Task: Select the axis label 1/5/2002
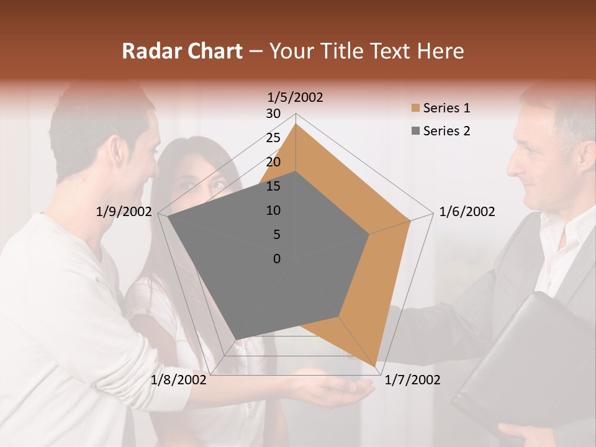click(x=296, y=97)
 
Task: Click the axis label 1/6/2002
click(x=467, y=212)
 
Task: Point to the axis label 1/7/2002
click(x=412, y=380)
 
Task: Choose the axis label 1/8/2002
click(x=179, y=380)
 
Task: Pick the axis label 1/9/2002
click(x=124, y=212)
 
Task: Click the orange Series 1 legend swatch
click(x=415, y=108)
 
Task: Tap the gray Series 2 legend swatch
click(x=415, y=131)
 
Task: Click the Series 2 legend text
click(x=446, y=131)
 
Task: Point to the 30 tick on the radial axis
click(x=273, y=114)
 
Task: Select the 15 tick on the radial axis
click(x=273, y=186)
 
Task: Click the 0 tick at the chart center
click(x=277, y=259)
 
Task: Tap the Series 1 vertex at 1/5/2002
click(x=296, y=124)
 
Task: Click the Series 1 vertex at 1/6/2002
click(x=410, y=220)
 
